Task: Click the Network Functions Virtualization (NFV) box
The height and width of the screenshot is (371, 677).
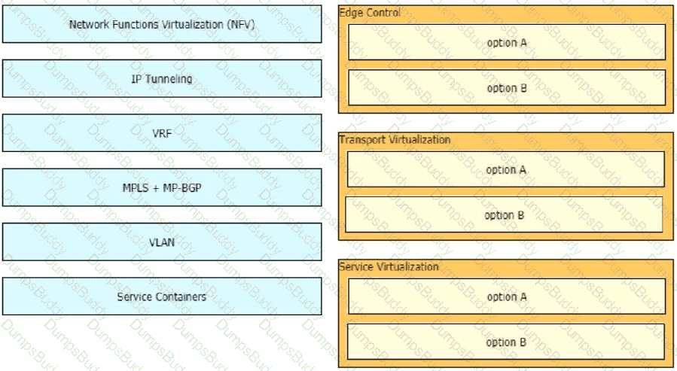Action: click(x=162, y=24)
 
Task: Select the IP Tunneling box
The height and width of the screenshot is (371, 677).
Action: click(x=162, y=78)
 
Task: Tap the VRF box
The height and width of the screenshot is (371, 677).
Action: click(x=162, y=133)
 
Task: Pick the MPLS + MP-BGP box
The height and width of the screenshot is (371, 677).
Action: click(x=162, y=187)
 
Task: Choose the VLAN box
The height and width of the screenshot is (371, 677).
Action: click(x=162, y=242)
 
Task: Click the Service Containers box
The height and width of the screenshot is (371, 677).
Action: click(x=162, y=296)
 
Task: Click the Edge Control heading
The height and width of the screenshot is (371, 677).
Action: click(x=370, y=13)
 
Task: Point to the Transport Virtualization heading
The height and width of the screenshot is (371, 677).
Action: click(x=395, y=140)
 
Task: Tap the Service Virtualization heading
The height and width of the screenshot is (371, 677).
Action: click(x=389, y=266)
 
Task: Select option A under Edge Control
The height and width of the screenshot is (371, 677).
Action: click(x=507, y=42)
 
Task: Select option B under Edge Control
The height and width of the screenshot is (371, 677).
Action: click(x=507, y=87)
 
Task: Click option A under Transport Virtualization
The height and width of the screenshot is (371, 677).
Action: click(x=506, y=169)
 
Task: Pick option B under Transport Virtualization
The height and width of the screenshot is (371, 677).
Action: click(x=504, y=214)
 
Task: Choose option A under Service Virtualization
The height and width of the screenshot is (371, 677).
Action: click(x=507, y=296)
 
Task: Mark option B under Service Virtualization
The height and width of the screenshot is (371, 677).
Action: click(x=506, y=341)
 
